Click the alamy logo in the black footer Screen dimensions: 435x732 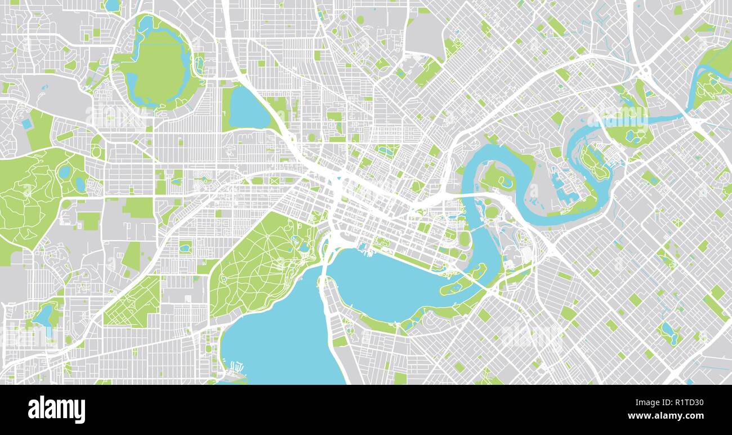point(56,409)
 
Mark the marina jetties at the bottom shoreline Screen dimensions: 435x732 point(235,370)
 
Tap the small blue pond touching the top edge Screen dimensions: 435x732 point(112,5)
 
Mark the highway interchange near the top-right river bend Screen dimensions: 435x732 point(644,72)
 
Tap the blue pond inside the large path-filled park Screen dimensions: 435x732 point(304,247)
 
